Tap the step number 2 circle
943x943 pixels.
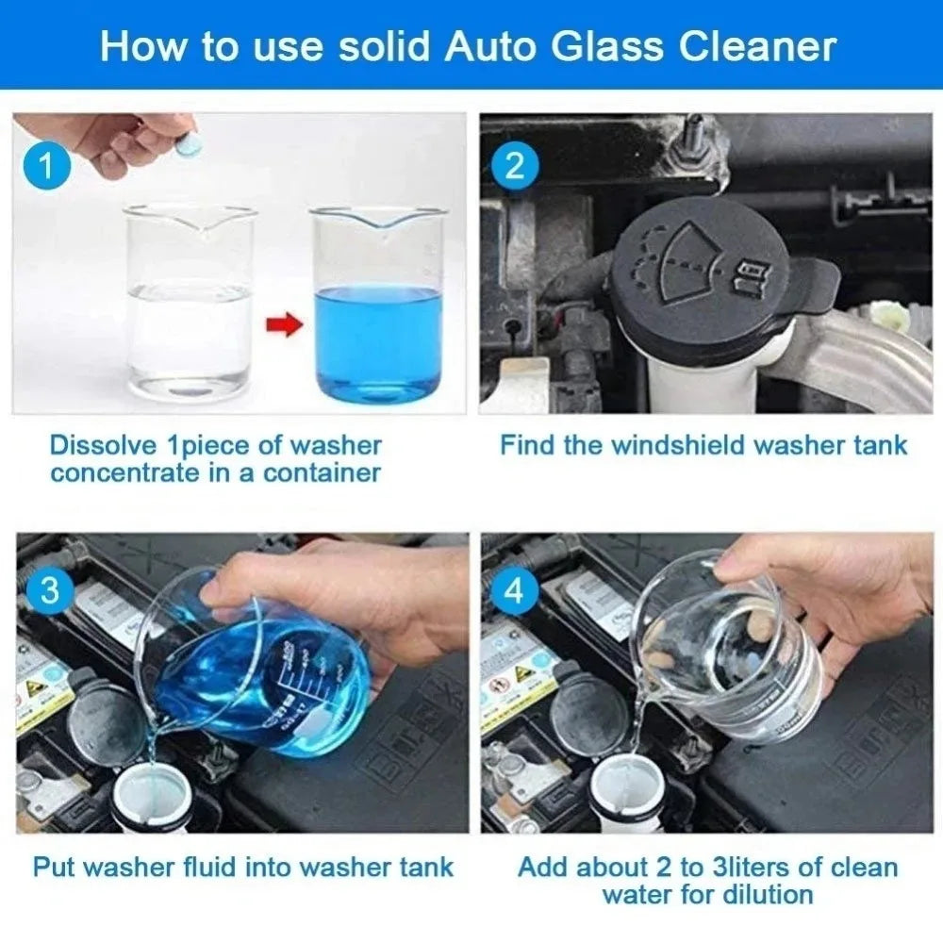click(x=514, y=167)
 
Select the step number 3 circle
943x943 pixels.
click(x=51, y=592)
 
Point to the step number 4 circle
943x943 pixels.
click(x=514, y=591)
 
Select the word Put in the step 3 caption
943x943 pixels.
click(x=55, y=867)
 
